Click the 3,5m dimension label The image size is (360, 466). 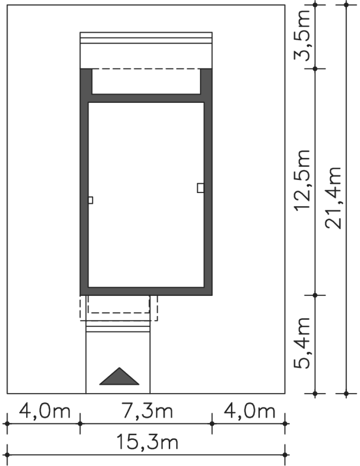[302, 35]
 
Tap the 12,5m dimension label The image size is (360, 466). [302, 181]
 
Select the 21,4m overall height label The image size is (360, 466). [333, 197]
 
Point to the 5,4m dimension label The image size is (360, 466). [302, 343]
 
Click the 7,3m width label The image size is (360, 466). [147, 411]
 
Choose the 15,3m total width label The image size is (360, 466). [147, 442]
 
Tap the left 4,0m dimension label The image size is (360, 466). [45, 411]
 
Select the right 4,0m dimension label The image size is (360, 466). [250, 411]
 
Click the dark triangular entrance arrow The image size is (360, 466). [119, 376]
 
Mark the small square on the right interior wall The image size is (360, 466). [201, 188]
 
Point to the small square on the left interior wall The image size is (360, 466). [91, 200]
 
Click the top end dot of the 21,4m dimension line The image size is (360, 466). [346, 5]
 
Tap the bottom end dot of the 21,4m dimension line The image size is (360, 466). [346, 394]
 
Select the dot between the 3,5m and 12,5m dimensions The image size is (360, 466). [315, 69]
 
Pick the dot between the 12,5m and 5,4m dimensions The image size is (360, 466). [315, 295]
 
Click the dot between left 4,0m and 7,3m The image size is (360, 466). [80, 424]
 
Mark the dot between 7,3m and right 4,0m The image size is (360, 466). [212, 424]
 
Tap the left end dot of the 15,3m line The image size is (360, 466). [7, 455]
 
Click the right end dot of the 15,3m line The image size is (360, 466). [285, 455]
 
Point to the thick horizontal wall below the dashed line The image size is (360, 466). [146, 98]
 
